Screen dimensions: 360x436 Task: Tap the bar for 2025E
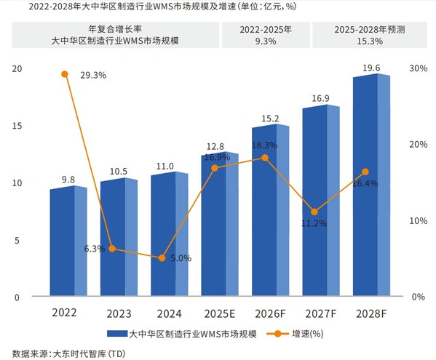point(219,225)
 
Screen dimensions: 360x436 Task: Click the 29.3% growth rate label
point(93,74)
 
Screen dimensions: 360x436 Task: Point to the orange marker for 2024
point(162,258)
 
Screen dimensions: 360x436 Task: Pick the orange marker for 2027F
point(314,212)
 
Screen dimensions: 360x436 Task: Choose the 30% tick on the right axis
point(418,68)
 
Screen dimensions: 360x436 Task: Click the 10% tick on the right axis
point(418,220)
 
